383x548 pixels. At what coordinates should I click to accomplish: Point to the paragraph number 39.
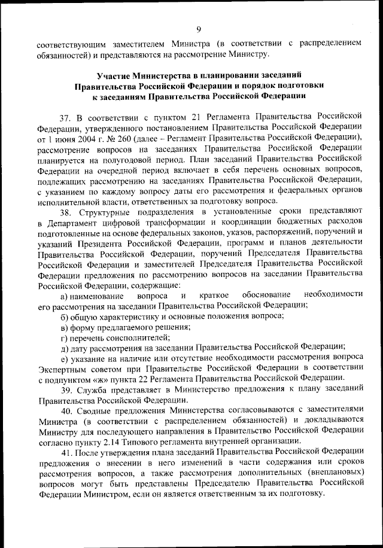click(x=66, y=390)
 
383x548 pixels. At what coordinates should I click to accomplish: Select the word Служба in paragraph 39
click(x=92, y=390)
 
